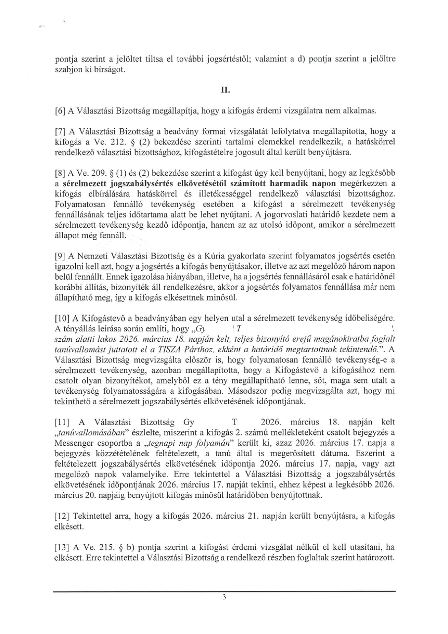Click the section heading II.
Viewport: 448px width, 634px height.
[224, 91]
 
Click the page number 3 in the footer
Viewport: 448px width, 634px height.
[224, 597]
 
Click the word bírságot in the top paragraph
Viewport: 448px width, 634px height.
[108, 69]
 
